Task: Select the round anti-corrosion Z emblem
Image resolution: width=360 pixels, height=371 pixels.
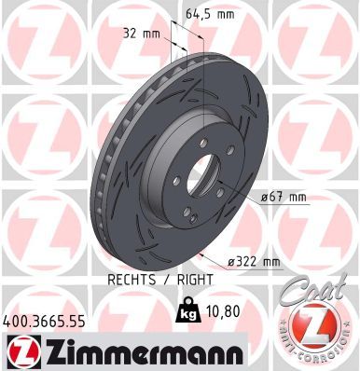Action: (318, 329)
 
